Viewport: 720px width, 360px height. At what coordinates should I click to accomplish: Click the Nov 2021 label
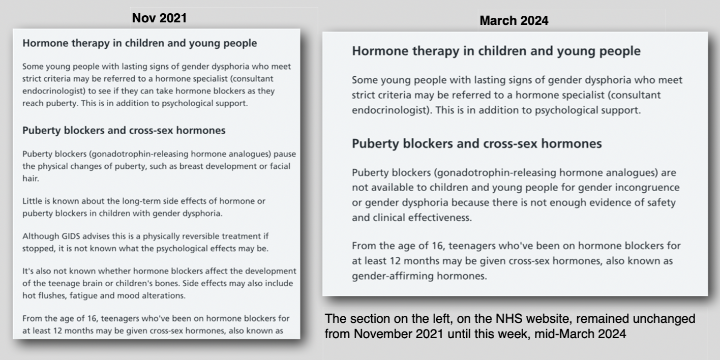[x=159, y=18]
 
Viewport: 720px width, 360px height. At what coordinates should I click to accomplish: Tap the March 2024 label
[x=514, y=21]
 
